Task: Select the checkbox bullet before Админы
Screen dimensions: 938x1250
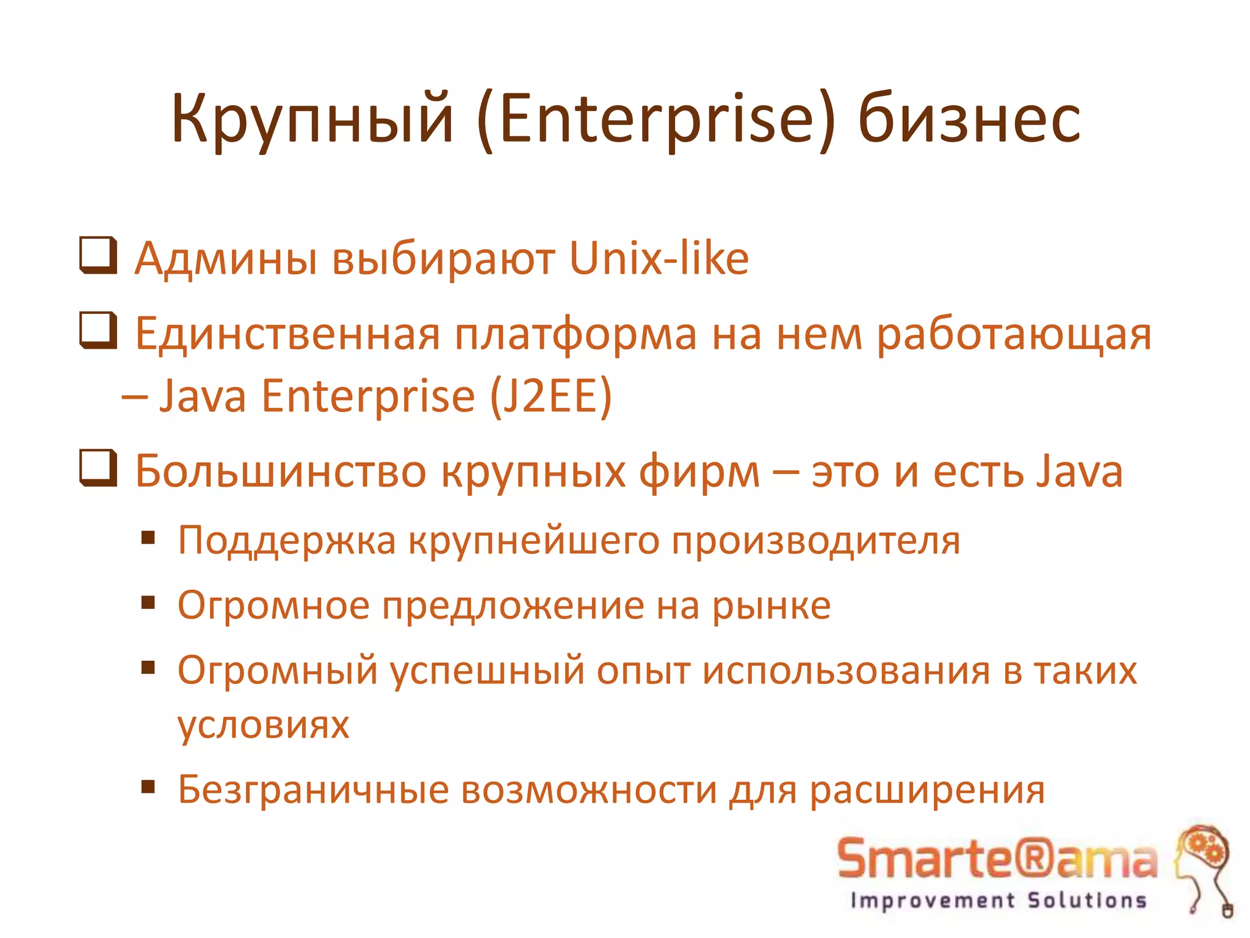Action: pyautogui.click(x=98, y=255)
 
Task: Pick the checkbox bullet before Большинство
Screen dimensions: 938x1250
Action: pyautogui.click(x=98, y=468)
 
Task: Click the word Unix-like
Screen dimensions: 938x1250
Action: pyautogui.click(x=659, y=259)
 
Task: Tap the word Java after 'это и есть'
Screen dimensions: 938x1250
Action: pyautogui.click(x=1080, y=471)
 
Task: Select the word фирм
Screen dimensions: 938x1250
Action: pyautogui.click(x=699, y=473)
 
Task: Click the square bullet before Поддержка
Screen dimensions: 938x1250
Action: pyautogui.click(x=148, y=538)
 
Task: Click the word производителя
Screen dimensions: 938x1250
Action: pyautogui.click(x=815, y=541)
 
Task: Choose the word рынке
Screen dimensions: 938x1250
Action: pyautogui.click(x=771, y=606)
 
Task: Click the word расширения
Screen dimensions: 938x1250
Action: pyautogui.click(x=927, y=790)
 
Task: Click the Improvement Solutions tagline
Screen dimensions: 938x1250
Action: pyautogui.click(x=998, y=900)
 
